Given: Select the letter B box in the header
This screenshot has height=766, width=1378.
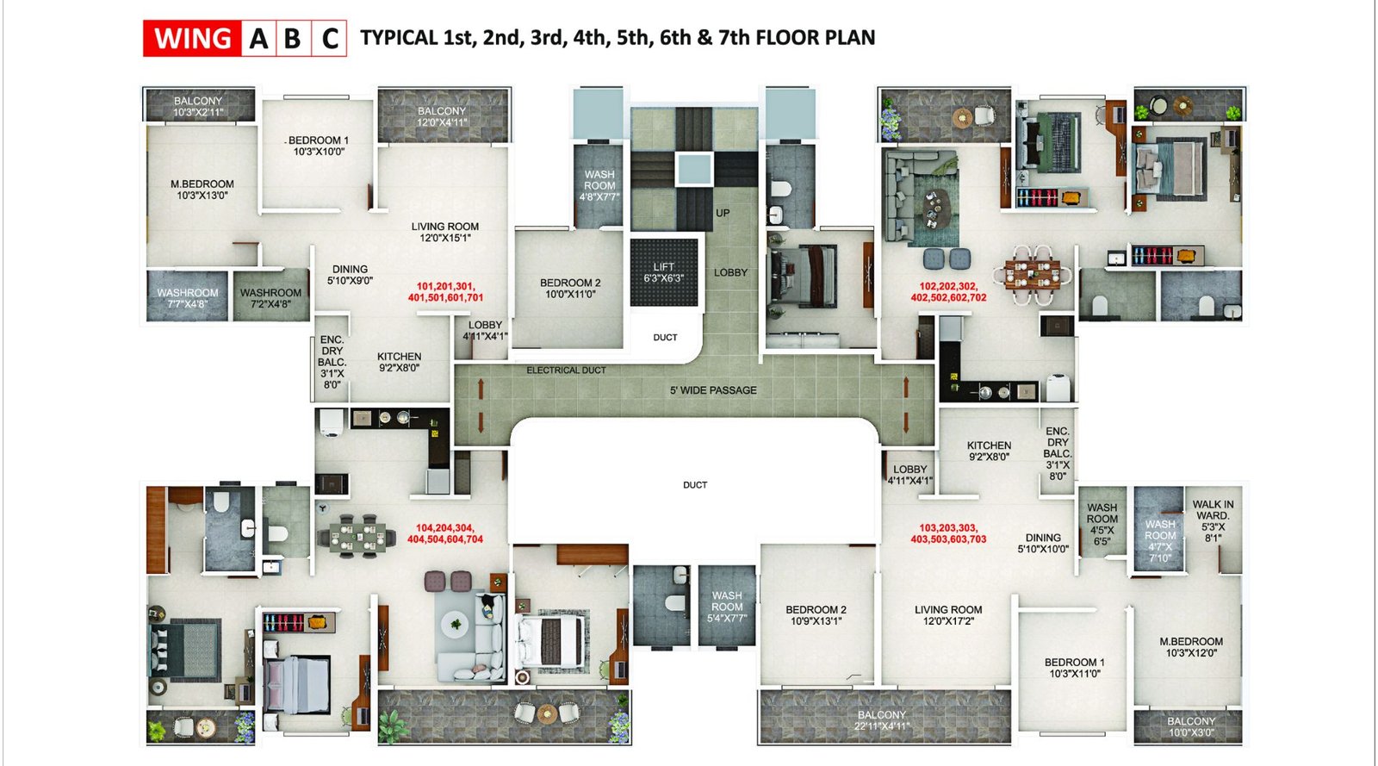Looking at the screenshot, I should click(x=292, y=39).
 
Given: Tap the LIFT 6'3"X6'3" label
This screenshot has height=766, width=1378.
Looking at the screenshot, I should click(x=663, y=272).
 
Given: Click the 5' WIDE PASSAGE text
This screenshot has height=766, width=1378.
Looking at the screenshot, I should click(x=713, y=390).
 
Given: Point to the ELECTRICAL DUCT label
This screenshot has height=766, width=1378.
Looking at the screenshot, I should click(x=566, y=371).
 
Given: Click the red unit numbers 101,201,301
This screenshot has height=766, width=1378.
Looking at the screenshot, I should click(x=445, y=292).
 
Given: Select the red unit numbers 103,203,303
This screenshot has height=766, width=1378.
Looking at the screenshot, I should click(x=948, y=533).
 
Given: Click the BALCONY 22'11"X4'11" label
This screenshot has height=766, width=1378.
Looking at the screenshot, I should click(x=882, y=720).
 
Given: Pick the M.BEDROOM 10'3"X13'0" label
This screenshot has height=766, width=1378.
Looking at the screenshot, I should click(x=202, y=190).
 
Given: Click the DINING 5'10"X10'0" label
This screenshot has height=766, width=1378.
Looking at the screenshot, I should click(x=1043, y=543).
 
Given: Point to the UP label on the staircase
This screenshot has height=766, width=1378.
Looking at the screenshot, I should click(x=723, y=213).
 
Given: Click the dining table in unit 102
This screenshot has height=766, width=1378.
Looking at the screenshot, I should click(x=1033, y=273).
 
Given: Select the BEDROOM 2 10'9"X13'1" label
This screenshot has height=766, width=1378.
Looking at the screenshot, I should click(x=816, y=614).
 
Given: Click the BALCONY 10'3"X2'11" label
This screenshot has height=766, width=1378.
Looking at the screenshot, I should click(x=198, y=106).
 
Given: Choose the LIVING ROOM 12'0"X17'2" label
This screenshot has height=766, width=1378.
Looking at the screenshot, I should click(x=948, y=614).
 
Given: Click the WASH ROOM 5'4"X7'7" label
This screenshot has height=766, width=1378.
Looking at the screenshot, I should click(x=727, y=606).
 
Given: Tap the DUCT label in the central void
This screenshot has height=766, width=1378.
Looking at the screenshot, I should click(x=695, y=485).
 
